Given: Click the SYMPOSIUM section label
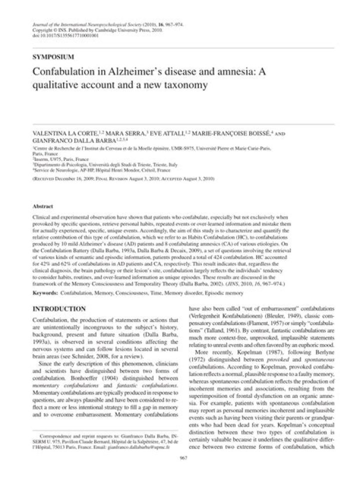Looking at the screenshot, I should [x=53, y=56].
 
